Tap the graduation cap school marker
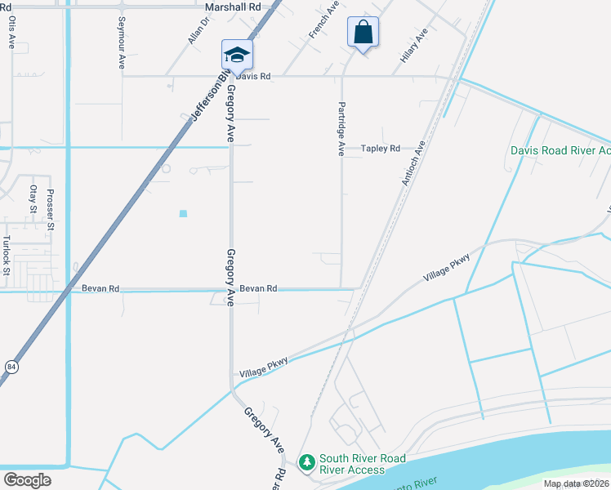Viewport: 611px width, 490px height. pyautogui.click(x=237, y=55)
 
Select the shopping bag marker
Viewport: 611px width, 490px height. pyautogui.click(x=363, y=33)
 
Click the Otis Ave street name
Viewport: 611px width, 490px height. pyautogui.click(x=12, y=33)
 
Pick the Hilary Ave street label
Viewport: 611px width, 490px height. pyautogui.click(x=414, y=46)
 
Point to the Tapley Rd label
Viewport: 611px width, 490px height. pyautogui.click(x=381, y=149)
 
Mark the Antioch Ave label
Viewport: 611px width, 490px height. pyautogui.click(x=414, y=163)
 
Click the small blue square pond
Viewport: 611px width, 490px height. pyautogui.click(x=183, y=214)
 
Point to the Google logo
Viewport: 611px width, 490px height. pyautogui.click(x=26, y=479)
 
